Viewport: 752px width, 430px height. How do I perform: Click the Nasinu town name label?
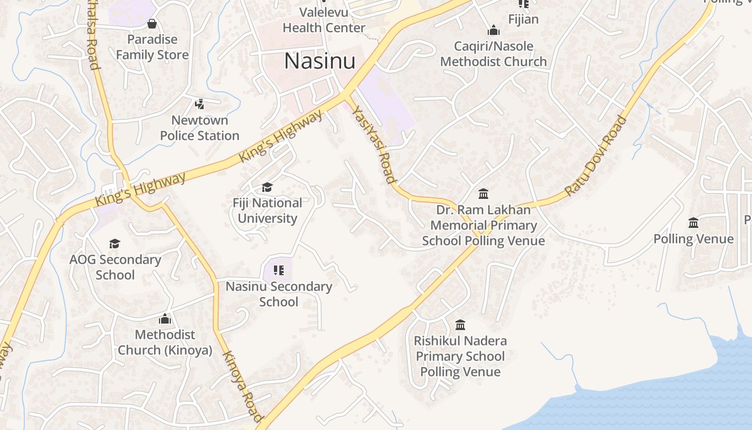(320, 61)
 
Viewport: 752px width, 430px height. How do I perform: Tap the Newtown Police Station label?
(200, 128)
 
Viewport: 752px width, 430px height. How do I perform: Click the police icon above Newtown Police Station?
(200, 104)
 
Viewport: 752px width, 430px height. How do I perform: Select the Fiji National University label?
(267, 211)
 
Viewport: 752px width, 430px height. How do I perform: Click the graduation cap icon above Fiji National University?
(267, 187)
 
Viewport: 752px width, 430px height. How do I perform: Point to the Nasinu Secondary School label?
(279, 294)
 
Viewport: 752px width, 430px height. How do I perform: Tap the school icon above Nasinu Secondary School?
(278, 270)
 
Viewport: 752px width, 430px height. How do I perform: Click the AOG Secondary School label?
(115, 267)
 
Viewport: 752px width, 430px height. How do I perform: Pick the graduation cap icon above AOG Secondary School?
(114, 244)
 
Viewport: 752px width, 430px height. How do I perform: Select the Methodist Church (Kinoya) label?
(165, 342)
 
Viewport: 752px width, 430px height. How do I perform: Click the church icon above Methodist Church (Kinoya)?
(165, 319)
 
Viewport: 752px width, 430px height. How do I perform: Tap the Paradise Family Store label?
(152, 47)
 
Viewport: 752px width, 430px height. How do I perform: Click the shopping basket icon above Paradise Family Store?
(152, 24)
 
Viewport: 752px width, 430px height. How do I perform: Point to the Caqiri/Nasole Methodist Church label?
(494, 54)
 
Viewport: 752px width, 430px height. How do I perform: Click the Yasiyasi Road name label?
(374, 144)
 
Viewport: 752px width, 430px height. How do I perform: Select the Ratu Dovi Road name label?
(596, 155)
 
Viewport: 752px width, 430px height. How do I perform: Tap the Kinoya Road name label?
(243, 386)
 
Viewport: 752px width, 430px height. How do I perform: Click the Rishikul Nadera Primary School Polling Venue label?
(460, 356)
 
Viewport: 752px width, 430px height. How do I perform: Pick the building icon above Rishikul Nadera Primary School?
(460, 325)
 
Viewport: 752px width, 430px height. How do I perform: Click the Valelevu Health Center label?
(324, 20)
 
